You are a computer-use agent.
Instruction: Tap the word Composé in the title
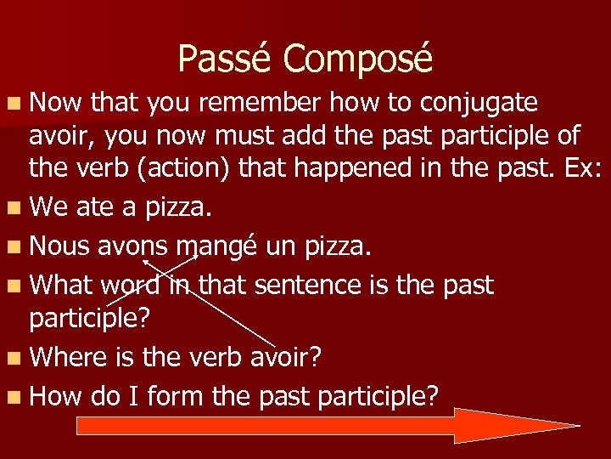[x=357, y=59]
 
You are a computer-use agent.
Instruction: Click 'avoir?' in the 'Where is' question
[x=285, y=356]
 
